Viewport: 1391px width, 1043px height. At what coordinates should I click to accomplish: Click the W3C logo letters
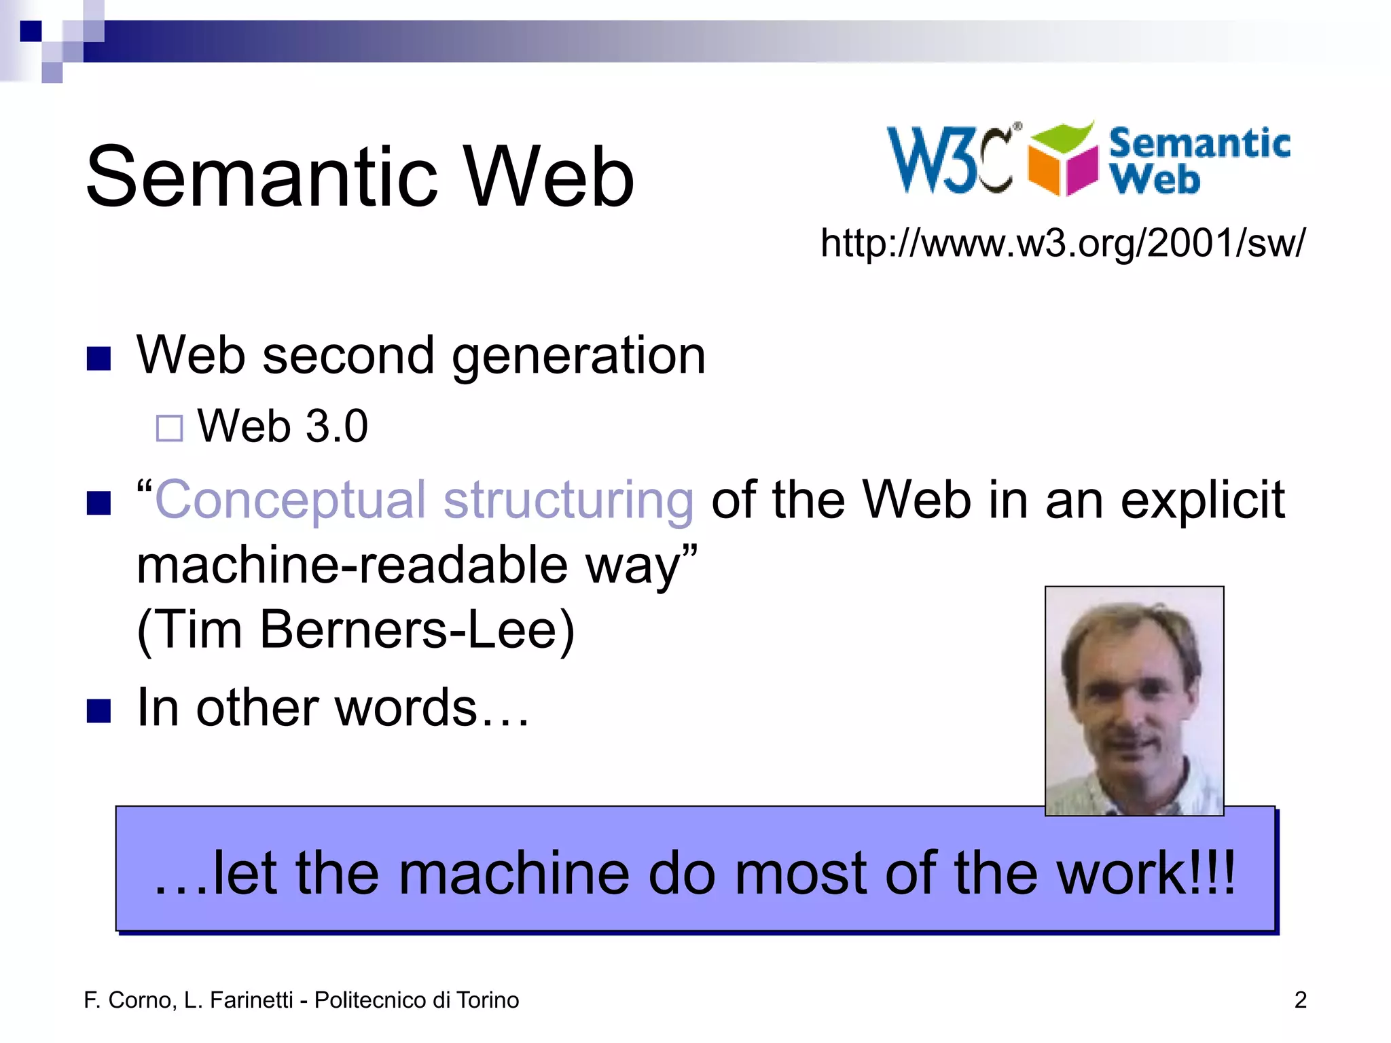(x=950, y=160)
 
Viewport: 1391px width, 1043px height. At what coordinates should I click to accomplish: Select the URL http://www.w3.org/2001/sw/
(x=1062, y=242)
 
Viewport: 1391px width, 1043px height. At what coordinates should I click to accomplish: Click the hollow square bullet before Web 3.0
(x=169, y=428)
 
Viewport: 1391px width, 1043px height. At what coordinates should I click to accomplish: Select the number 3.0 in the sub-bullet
(x=337, y=426)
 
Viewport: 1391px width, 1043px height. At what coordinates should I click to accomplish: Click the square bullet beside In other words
(x=99, y=711)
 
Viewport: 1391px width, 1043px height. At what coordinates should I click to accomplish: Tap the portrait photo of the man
(x=1134, y=701)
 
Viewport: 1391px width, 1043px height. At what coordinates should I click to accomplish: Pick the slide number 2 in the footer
(x=1300, y=1000)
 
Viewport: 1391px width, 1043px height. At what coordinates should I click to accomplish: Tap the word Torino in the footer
(x=488, y=1000)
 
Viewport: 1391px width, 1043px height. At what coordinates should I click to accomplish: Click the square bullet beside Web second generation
(x=99, y=359)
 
